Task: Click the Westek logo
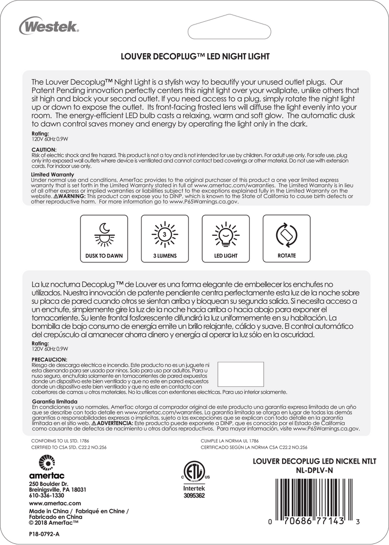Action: (49, 25)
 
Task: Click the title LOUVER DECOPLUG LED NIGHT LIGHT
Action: (195, 55)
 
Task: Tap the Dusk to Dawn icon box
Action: (104, 238)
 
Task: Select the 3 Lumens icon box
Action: (165, 238)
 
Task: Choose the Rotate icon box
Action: (286, 238)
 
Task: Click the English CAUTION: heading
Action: (44, 150)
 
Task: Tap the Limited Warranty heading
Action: (52, 174)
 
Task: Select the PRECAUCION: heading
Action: (48, 359)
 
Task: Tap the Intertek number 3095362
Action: (194, 495)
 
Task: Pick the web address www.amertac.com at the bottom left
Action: (55, 503)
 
